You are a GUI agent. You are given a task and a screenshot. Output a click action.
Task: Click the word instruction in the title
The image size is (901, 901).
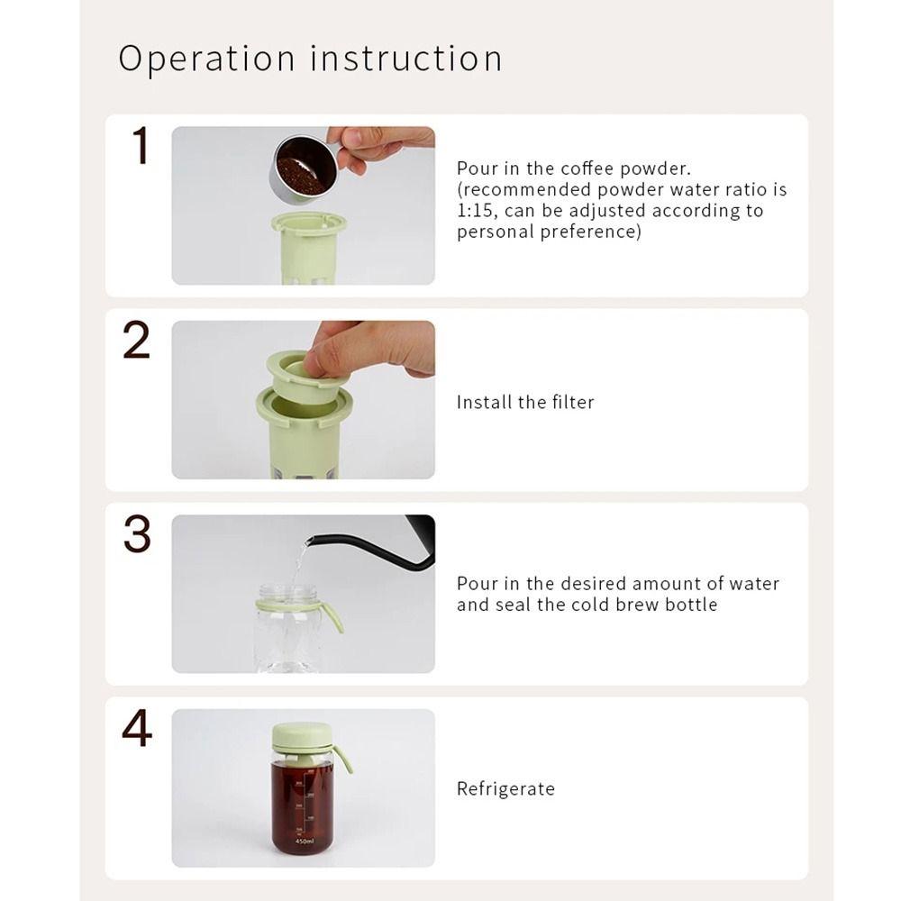click(x=406, y=59)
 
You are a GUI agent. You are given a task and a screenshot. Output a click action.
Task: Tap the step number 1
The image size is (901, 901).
click(x=140, y=147)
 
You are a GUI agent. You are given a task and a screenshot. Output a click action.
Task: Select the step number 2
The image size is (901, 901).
click(x=137, y=341)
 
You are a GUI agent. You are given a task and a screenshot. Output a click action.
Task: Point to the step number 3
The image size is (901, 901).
click(x=137, y=535)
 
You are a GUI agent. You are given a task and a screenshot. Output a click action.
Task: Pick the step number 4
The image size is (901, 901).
click(x=137, y=730)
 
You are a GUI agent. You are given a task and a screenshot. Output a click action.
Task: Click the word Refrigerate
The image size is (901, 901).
click(x=505, y=789)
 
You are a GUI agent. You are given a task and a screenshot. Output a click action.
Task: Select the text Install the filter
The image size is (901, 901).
click(x=525, y=403)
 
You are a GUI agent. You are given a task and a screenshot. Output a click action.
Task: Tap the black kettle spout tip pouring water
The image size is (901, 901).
click(x=310, y=542)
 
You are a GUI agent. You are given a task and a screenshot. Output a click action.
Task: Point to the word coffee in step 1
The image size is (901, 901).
click(x=587, y=168)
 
